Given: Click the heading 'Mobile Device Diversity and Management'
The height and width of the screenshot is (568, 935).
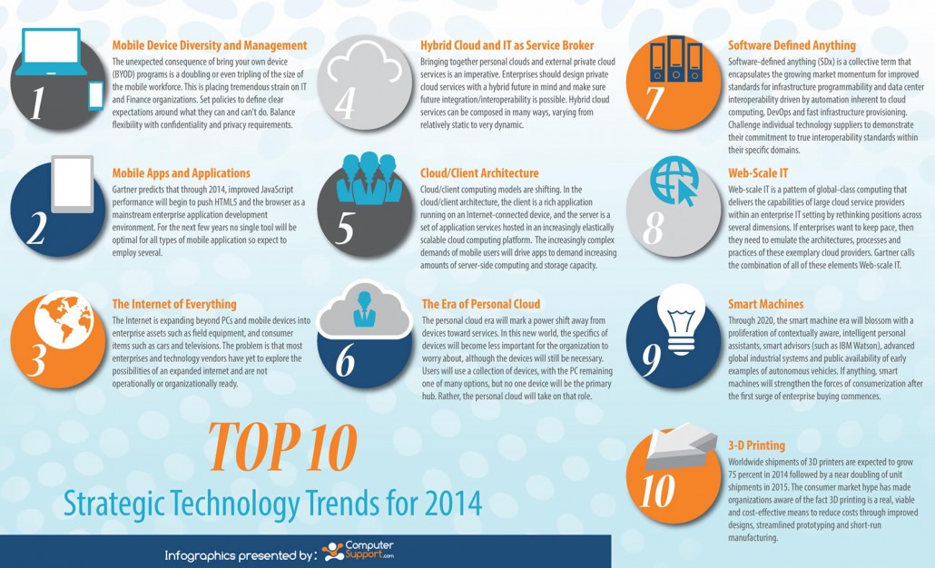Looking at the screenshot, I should (x=209, y=44).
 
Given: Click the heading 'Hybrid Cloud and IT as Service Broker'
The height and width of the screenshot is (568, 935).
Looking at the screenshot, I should (x=507, y=44).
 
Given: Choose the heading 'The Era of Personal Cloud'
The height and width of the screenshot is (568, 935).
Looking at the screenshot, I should (x=481, y=304).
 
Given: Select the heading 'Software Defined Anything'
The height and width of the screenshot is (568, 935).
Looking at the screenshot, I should (x=792, y=44).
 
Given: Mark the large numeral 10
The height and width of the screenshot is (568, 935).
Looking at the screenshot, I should (x=670, y=490).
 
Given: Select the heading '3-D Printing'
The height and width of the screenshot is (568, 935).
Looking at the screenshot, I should (x=757, y=446).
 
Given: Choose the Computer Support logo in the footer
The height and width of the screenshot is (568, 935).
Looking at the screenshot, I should (x=358, y=551).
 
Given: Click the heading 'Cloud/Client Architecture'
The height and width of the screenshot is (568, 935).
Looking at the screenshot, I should (x=479, y=172).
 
